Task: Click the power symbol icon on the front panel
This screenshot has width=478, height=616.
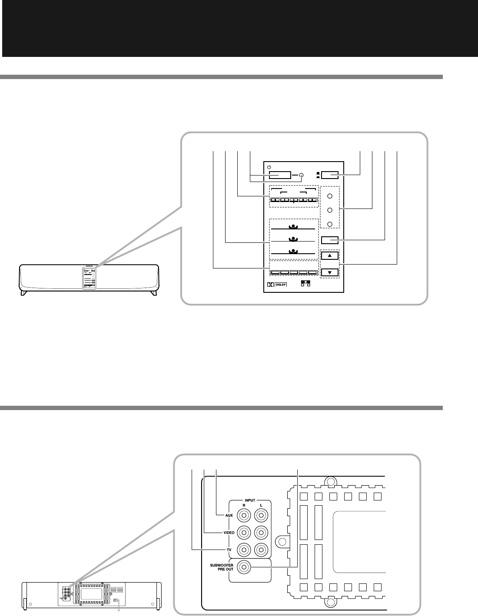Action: (269, 167)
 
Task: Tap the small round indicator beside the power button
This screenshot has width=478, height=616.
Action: (301, 176)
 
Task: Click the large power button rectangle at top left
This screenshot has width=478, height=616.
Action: (279, 176)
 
